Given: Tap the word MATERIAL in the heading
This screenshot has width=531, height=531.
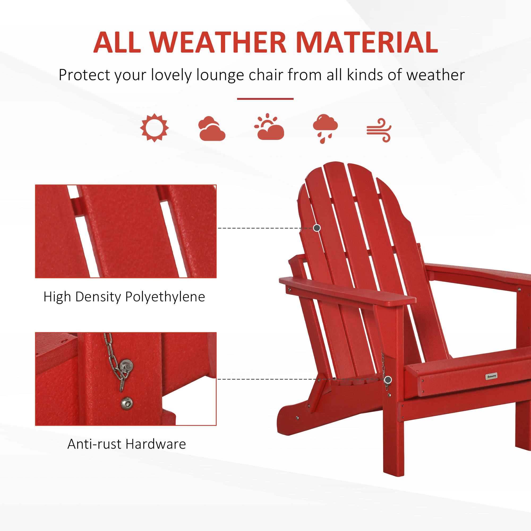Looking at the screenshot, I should pyautogui.click(x=367, y=42).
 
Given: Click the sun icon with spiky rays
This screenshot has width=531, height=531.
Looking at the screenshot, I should pyautogui.click(x=154, y=128).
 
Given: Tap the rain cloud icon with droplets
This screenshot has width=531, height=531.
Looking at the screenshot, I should pyautogui.click(x=325, y=128).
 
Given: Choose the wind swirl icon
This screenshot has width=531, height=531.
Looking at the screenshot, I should pyautogui.click(x=379, y=130).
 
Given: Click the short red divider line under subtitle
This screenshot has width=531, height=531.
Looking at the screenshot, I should pyautogui.click(x=265, y=99).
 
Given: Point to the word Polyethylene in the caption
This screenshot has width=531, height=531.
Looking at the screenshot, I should pyautogui.click(x=165, y=297).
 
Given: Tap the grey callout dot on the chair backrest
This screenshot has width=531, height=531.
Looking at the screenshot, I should pyautogui.click(x=317, y=228).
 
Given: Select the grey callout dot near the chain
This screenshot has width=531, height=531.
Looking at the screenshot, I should pyautogui.click(x=388, y=380).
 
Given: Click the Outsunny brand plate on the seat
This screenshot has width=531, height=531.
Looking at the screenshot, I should pyautogui.click(x=491, y=376).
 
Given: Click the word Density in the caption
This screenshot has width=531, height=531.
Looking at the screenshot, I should pyautogui.click(x=98, y=297).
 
